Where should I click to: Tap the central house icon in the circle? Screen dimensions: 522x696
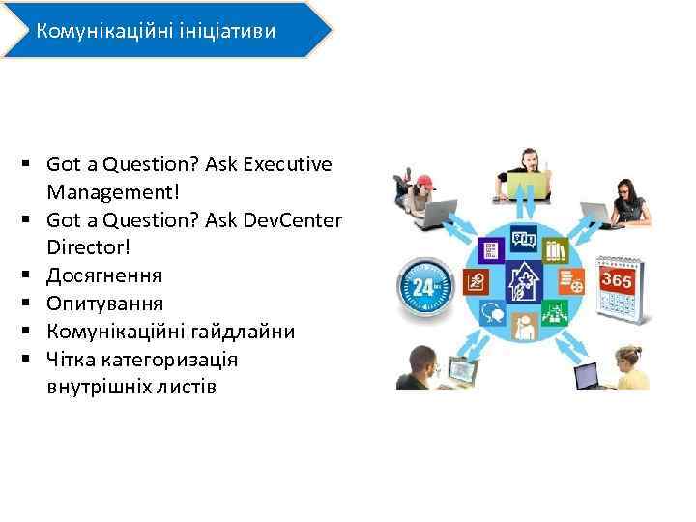click(x=523, y=283)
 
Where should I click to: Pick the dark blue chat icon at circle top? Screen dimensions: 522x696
click(x=523, y=239)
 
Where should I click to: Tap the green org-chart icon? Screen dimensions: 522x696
click(x=555, y=313)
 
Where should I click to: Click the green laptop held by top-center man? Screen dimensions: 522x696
click(x=528, y=184)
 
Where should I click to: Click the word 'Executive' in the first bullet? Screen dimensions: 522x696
click(x=286, y=164)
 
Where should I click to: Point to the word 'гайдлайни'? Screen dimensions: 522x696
click(x=244, y=332)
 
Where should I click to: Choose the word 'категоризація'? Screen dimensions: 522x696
click(x=156, y=360)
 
